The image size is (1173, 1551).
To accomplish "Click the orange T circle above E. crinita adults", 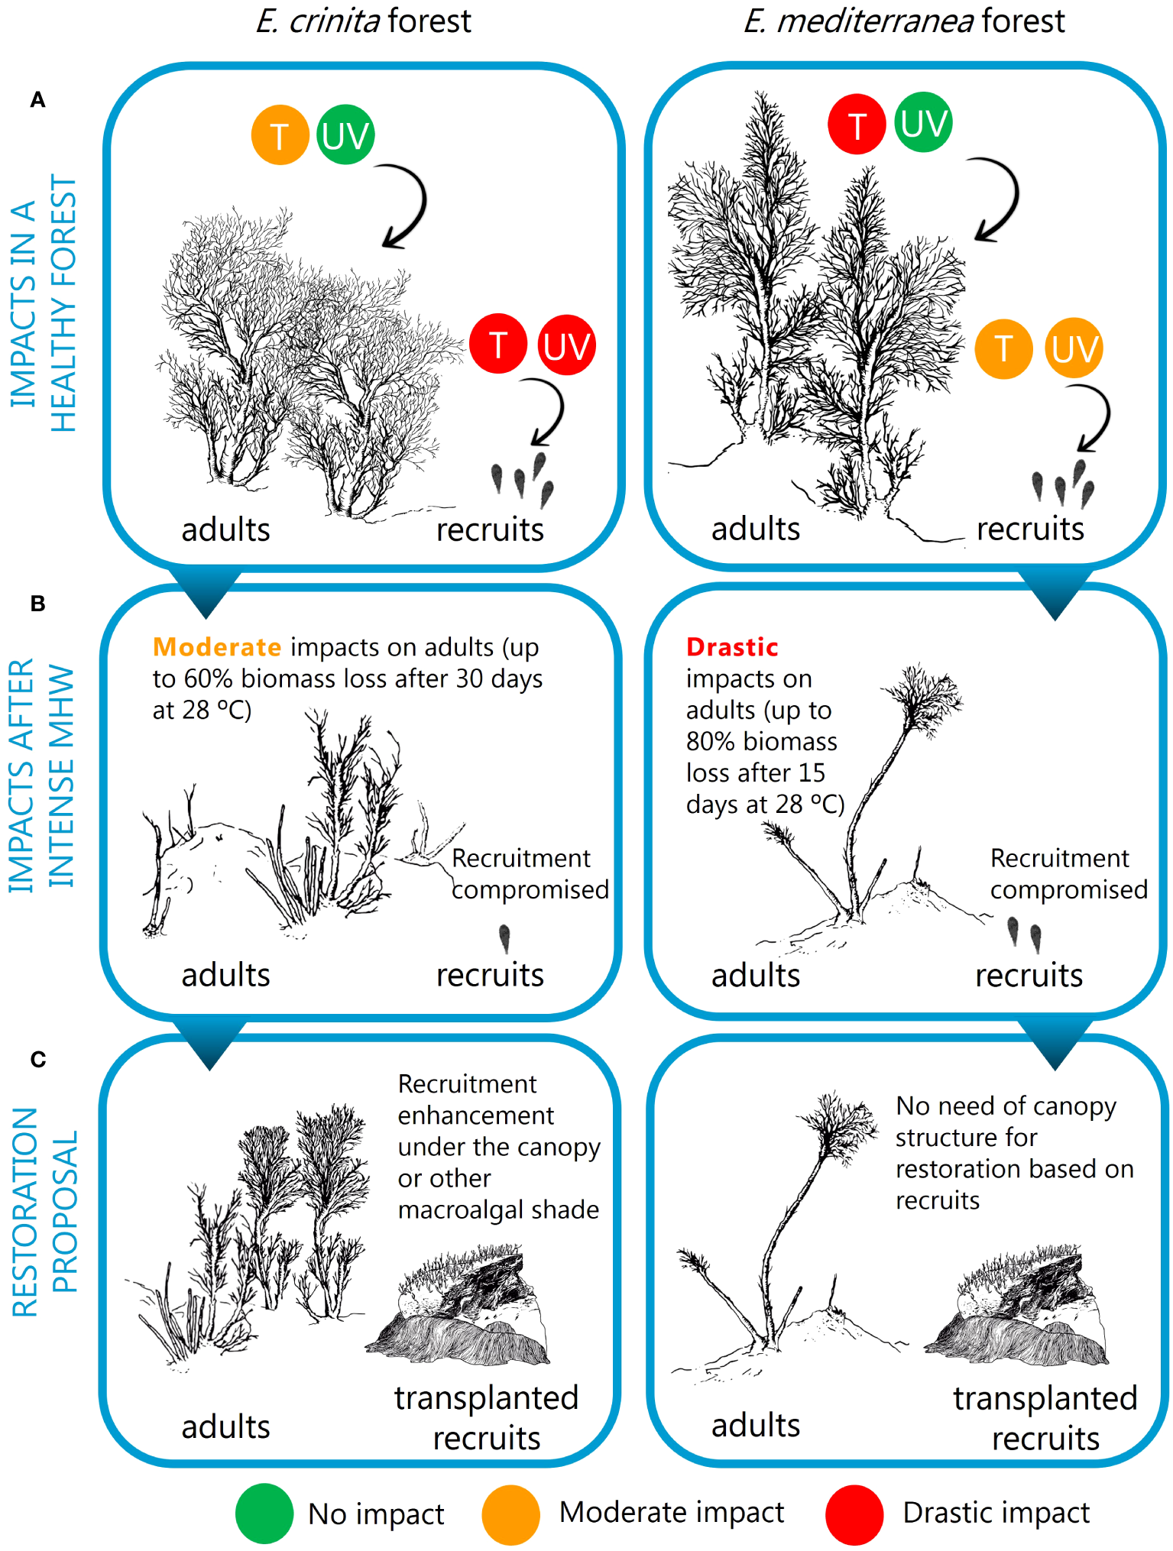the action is (280, 135).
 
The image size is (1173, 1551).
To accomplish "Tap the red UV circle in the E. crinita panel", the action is (566, 345).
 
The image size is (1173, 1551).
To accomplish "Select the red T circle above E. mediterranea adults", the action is (857, 125).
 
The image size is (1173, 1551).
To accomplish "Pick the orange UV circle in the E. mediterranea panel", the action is (1074, 348).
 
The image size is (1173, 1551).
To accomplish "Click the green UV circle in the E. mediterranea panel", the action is (923, 122).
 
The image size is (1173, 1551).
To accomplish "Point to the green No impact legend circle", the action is (264, 1514).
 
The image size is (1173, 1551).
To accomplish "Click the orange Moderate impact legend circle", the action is (511, 1514).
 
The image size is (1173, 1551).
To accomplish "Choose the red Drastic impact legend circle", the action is (855, 1514).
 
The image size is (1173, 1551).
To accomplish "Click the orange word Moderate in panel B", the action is (218, 647).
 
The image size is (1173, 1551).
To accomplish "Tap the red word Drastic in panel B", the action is (732, 647).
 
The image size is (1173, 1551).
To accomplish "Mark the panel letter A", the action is (37, 100).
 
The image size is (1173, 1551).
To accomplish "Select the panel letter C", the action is (38, 1060).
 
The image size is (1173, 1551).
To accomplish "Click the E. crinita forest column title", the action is (364, 21).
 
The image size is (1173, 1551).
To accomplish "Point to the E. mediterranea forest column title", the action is (904, 21).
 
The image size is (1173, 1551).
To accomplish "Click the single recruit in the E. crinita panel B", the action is (504, 939).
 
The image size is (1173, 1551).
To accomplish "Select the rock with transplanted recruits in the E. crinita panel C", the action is (457, 1306).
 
